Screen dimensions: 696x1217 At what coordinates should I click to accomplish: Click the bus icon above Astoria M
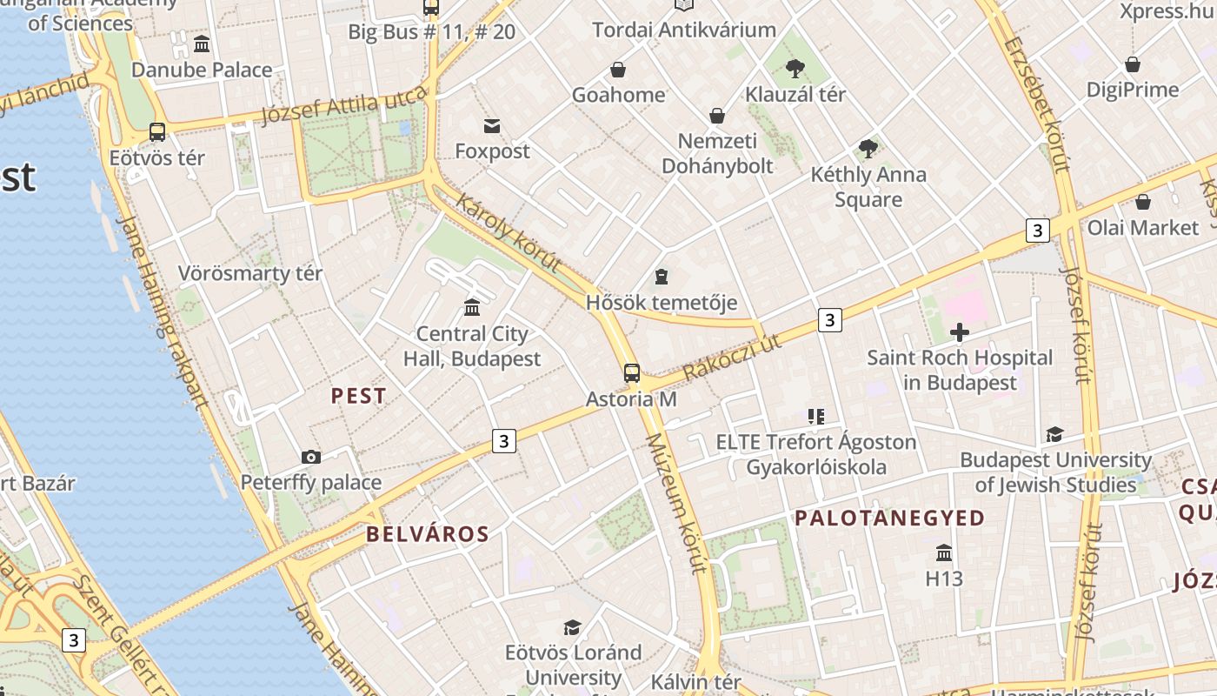[632, 373]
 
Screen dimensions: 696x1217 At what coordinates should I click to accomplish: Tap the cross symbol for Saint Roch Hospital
[960, 332]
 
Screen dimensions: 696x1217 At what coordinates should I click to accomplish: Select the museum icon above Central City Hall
[472, 307]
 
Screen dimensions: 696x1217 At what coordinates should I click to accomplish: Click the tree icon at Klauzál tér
[795, 69]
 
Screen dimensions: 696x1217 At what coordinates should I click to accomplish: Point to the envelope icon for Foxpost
[492, 126]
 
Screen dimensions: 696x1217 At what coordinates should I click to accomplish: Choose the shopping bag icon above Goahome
[618, 70]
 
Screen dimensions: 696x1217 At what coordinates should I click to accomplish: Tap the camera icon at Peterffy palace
[310, 457]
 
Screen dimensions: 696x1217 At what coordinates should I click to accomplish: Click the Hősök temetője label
[662, 303]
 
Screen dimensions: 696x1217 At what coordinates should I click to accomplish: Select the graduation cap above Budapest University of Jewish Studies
[1054, 434]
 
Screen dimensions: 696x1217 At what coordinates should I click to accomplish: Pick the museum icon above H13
[944, 552]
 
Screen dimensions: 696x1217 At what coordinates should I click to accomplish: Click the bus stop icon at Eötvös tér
[157, 132]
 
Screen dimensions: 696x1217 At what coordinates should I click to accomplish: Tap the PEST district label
[358, 396]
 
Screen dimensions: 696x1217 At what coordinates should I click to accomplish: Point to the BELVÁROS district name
[428, 534]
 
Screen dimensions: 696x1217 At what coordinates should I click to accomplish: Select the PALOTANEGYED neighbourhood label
[890, 519]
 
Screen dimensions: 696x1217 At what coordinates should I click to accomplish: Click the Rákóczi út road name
[732, 358]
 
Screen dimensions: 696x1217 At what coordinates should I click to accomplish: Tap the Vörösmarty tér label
[250, 273]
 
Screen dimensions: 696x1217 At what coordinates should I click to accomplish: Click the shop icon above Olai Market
[1142, 202]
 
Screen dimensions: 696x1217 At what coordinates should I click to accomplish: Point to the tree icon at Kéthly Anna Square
[868, 149]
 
